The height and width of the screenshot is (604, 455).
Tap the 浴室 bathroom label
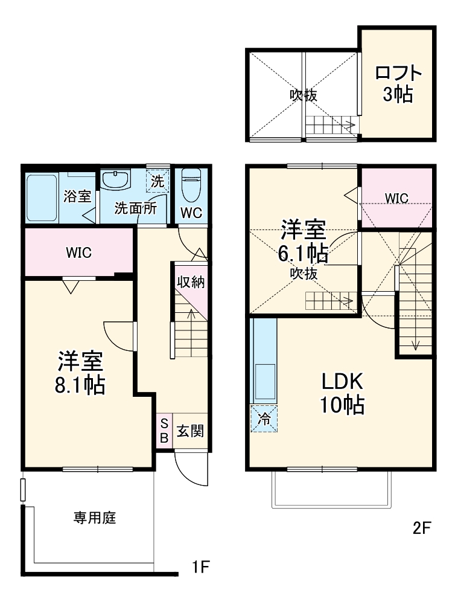coord(77,196)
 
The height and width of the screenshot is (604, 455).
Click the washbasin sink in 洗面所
coord(116,179)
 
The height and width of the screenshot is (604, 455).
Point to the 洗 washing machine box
coord(157,181)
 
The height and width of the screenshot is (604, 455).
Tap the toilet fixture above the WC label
coord(191,184)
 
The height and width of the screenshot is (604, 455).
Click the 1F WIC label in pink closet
coord(78,252)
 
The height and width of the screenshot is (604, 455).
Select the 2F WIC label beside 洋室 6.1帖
coord(396,198)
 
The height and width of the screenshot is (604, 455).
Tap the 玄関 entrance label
coord(190,431)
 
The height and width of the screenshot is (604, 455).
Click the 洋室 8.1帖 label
coord(80,373)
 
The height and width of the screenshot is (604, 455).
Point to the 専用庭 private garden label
coord(95,518)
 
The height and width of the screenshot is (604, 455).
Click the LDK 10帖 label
coord(341,393)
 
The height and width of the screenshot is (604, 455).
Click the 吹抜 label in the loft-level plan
coord(303,95)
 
